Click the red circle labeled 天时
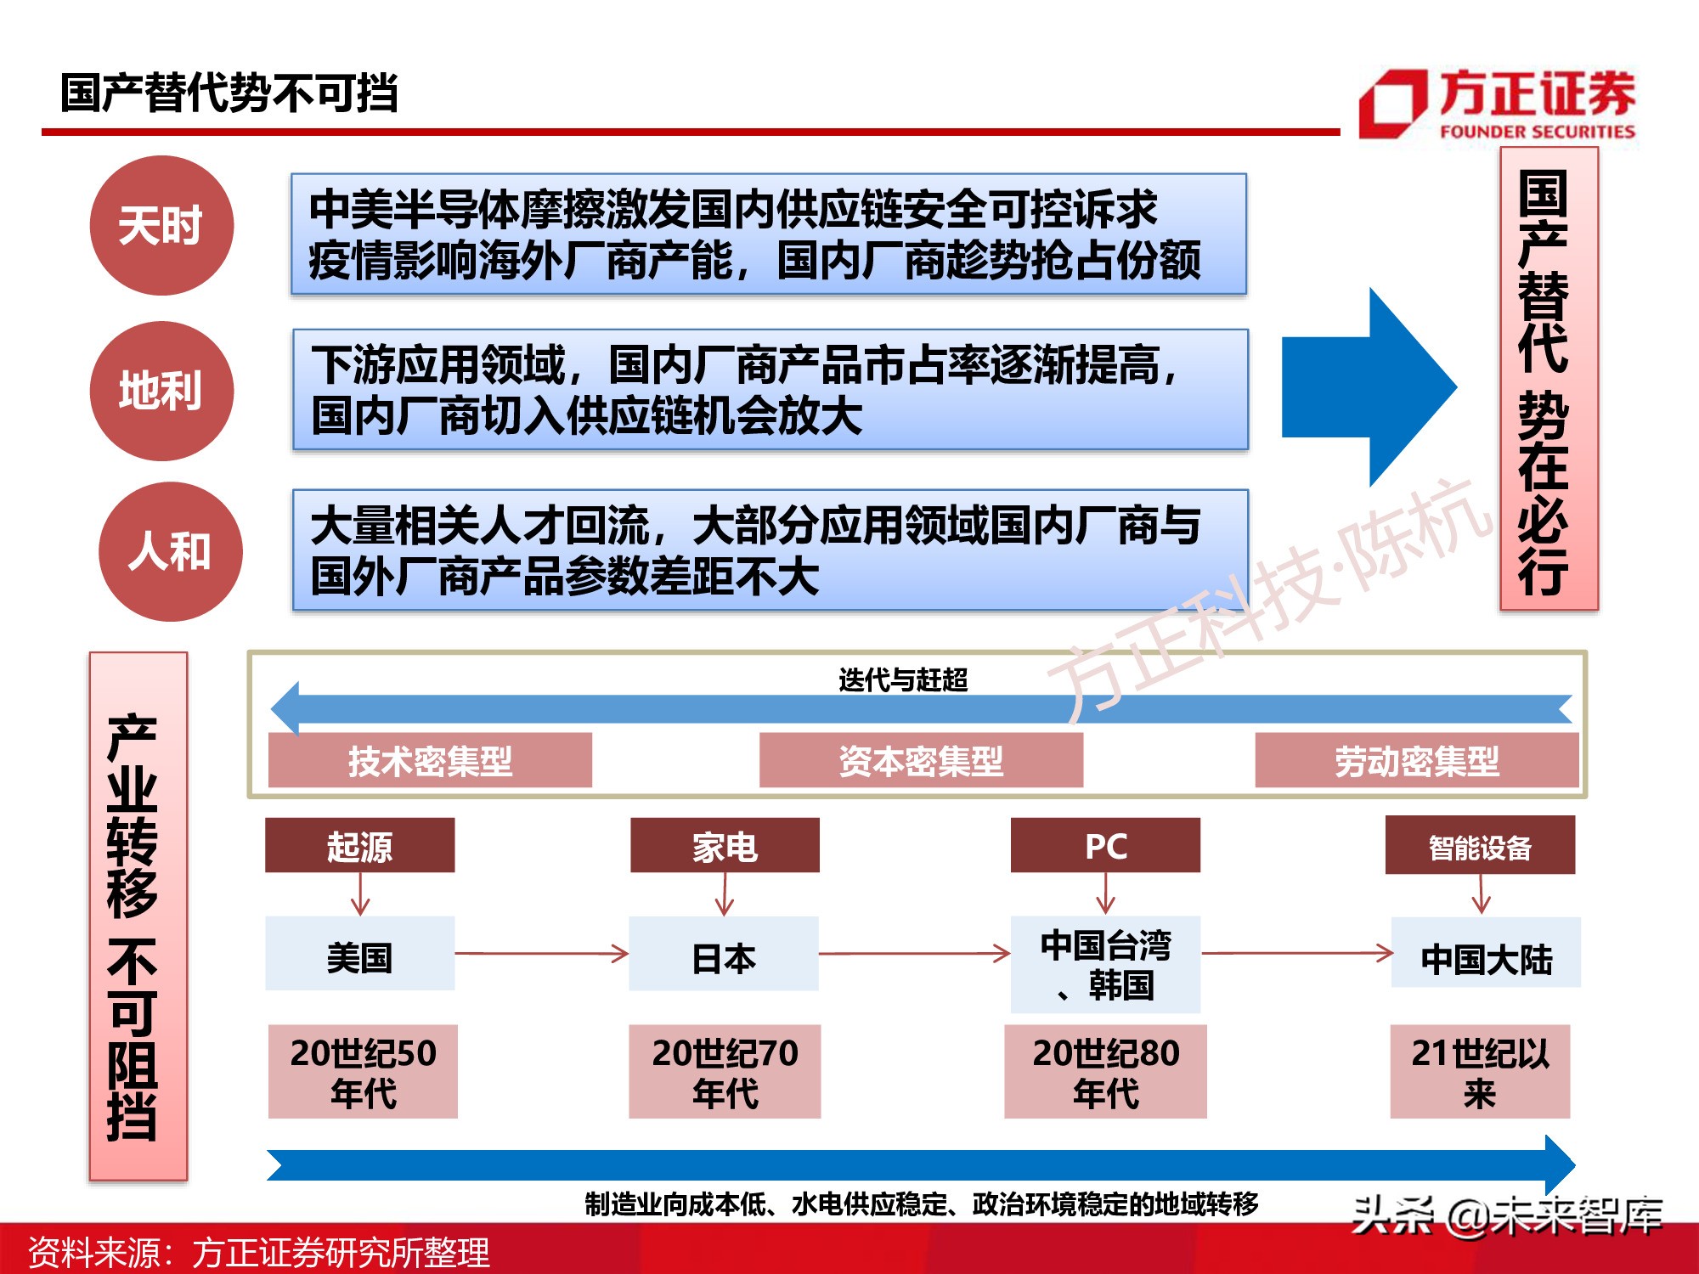(161, 226)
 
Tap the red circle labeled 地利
(161, 392)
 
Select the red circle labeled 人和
(171, 552)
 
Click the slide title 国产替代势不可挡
(229, 93)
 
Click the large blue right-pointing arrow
(1369, 387)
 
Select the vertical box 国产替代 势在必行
(1549, 379)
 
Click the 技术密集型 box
(430, 760)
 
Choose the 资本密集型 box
(921, 760)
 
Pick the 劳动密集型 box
(1416, 760)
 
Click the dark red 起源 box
(359, 846)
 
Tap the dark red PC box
(1105, 846)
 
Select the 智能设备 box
(1480, 846)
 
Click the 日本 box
(724, 955)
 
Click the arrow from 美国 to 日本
(542, 954)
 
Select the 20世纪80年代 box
(1105, 1072)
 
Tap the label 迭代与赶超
(903, 679)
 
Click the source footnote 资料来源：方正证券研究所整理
(259, 1252)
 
